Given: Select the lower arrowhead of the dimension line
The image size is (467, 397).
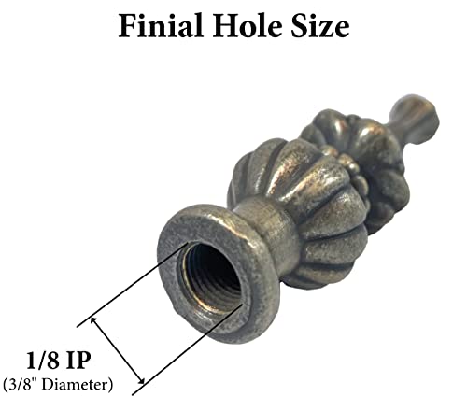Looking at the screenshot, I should tap(139, 378).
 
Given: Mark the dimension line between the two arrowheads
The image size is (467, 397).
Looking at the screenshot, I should tap(117, 349).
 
